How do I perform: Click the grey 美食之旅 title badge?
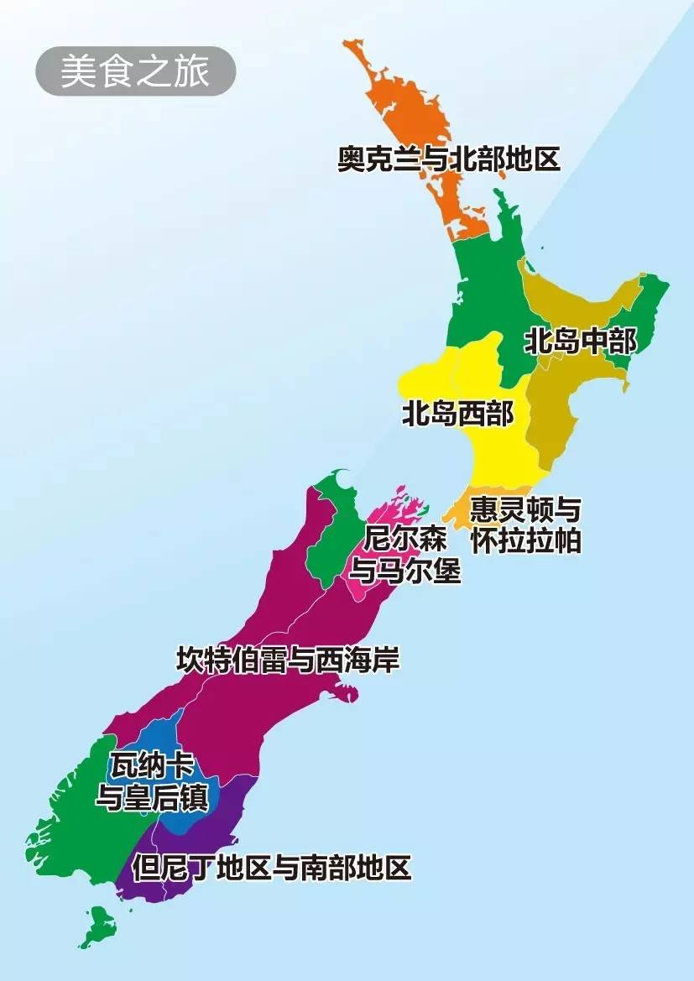click(x=135, y=71)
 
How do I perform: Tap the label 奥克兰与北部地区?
click(x=448, y=159)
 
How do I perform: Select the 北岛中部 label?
click(x=580, y=342)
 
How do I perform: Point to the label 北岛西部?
click(x=457, y=414)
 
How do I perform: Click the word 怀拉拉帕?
click(x=525, y=540)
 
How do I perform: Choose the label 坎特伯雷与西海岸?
click(x=288, y=660)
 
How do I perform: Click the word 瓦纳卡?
click(x=152, y=765)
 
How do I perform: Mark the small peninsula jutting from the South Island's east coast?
click(x=345, y=693)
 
